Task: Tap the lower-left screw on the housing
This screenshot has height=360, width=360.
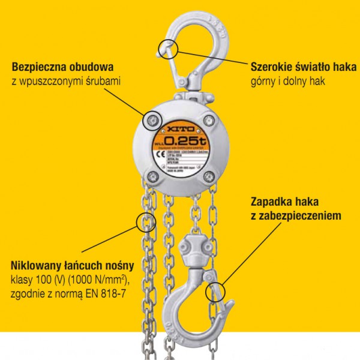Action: point(152,176)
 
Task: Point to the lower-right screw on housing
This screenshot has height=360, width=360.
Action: point(210,175)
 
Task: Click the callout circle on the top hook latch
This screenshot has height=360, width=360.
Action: point(168,48)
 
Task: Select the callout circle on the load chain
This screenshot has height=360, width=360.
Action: point(145,223)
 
